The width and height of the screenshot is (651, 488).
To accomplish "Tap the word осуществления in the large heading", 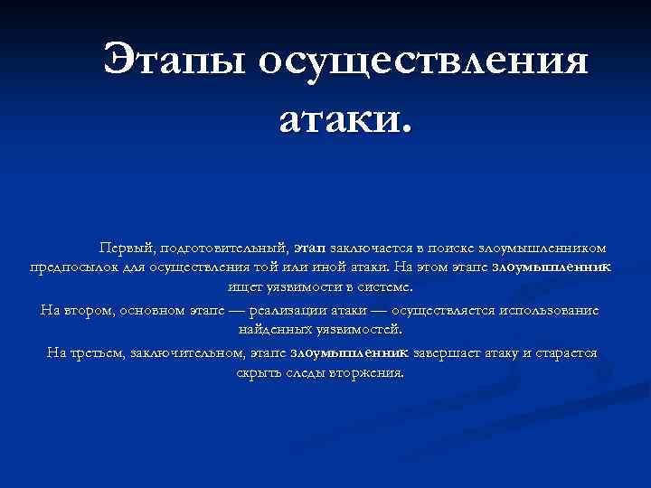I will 423,61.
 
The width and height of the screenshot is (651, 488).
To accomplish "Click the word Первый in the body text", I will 125,246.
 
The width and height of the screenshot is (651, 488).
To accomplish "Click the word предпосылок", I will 74,267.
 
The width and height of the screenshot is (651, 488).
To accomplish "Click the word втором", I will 90,310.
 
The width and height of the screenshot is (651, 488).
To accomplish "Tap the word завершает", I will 449,352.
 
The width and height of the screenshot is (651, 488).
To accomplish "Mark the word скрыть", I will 260,372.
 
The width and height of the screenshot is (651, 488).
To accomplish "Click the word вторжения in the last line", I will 367,372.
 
